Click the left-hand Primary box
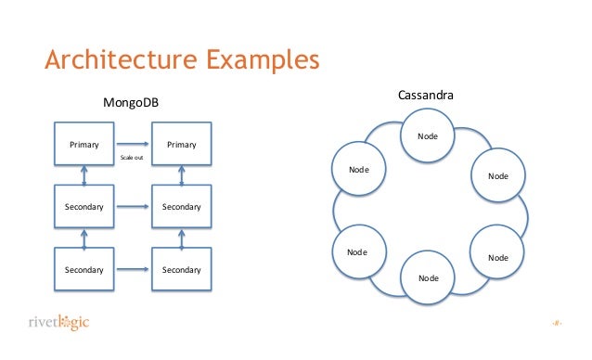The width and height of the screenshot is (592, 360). coord(84,145)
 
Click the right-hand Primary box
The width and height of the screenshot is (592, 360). coord(181,145)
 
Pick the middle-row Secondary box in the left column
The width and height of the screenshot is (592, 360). coord(84,206)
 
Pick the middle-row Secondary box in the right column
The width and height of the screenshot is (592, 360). coord(181,206)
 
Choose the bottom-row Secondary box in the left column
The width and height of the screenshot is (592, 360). coord(84,269)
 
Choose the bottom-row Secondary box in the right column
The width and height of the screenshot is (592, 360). coord(181,269)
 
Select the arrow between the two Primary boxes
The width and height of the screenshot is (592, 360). coord(133,145)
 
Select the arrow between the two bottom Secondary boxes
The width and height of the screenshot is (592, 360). coord(133,269)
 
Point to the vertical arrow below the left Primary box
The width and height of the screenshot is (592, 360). coord(84,175)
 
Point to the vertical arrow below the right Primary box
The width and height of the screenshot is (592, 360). coord(181,175)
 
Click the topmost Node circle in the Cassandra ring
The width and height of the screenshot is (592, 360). coord(428,135)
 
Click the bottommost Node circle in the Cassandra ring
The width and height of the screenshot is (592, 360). coord(428,277)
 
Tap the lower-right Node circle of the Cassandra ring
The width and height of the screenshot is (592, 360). coord(498,256)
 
